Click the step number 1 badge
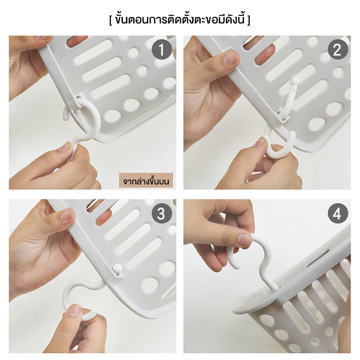[162, 49]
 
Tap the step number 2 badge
[338, 49]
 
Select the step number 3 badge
[162, 213]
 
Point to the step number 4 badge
[338, 213]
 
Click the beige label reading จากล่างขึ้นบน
[146, 181]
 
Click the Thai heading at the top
[180, 19]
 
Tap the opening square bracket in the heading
[111, 20]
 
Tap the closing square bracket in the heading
[249, 20]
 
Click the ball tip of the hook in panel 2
[295, 81]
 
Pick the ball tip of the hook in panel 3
[117, 268]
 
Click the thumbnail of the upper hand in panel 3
[67, 215]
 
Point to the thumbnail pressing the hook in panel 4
[244, 239]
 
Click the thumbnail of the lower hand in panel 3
[75, 310]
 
